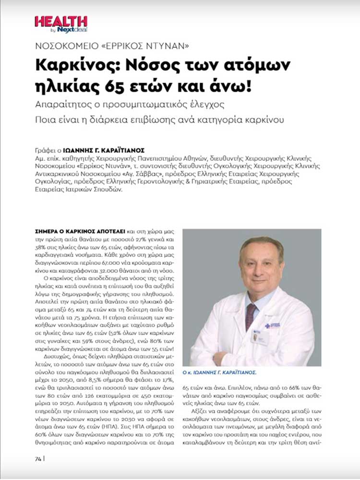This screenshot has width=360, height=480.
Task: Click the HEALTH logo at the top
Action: tap(60, 22)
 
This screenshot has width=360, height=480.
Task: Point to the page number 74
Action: tap(38, 457)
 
